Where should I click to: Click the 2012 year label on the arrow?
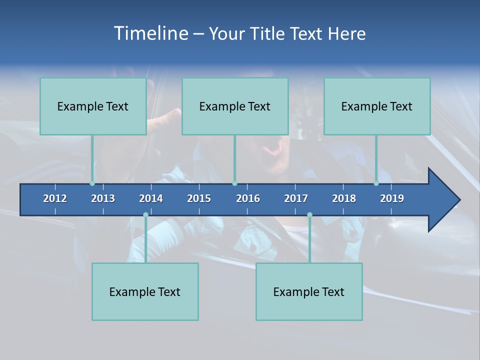(x=55, y=198)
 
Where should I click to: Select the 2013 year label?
(x=103, y=198)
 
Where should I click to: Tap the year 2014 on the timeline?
(x=151, y=198)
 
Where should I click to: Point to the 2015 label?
(x=199, y=198)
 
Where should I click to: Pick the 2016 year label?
(x=248, y=198)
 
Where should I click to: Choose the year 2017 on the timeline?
(x=296, y=198)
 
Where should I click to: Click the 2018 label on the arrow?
(x=344, y=198)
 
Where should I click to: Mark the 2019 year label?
(x=392, y=198)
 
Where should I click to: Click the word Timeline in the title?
(x=151, y=33)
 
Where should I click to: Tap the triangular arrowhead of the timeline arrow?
(x=443, y=200)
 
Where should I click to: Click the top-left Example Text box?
(x=93, y=106)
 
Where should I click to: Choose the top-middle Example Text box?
(x=235, y=106)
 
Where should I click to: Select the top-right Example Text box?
(x=377, y=106)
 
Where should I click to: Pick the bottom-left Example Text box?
(x=145, y=292)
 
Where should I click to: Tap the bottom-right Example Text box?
(x=309, y=292)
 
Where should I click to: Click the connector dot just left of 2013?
(x=92, y=183)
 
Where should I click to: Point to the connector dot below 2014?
(x=145, y=215)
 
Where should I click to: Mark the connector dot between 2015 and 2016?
(x=234, y=183)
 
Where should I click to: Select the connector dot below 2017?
(x=309, y=215)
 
